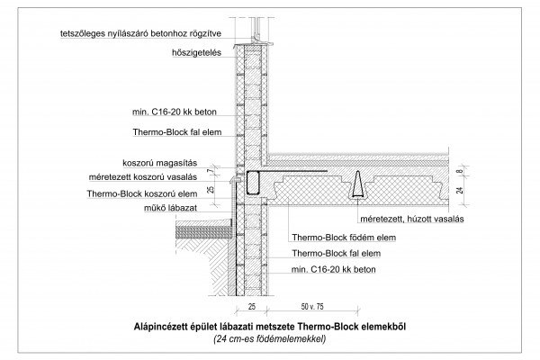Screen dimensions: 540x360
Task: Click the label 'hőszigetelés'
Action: [x=196, y=53]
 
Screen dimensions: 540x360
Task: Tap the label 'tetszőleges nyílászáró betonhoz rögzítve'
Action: [x=141, y=34]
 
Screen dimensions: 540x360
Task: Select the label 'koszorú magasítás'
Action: [x=160, y=163]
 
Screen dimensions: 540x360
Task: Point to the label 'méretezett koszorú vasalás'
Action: [x=143, y=177]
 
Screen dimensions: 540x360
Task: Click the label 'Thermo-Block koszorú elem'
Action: [x=142, y=193]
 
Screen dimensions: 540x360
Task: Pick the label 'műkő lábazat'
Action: [x=170, y=208]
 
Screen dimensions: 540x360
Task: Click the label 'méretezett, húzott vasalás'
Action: [x=412, y=219]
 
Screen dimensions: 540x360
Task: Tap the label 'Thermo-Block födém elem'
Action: [x=344, y=238]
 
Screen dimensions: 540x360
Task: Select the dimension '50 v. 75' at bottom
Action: [x=312, y=306]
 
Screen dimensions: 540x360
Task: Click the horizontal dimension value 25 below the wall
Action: [x=252, y=306]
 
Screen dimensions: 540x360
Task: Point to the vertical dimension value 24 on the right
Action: [x=460, y=190]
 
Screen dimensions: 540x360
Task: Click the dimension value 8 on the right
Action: [x=460, y=171]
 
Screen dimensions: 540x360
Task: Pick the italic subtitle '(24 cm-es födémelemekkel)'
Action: [x=270, y=339]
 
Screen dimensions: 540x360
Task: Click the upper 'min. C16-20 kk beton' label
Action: [x=175, y=112]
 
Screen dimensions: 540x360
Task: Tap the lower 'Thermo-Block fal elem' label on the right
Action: [x=337, y=254]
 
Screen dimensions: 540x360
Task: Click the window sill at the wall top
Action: [x=253, y=44]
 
